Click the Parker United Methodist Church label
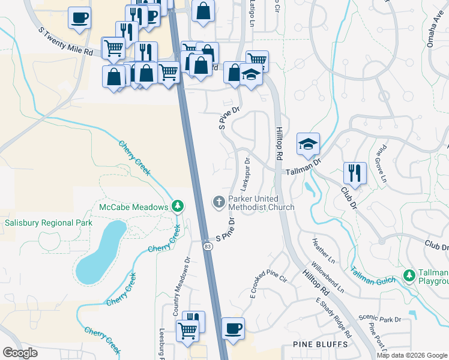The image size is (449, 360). [x=261, y=203]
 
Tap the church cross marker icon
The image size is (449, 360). [x=219, y=203]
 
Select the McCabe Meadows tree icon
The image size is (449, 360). [x=177, y=207]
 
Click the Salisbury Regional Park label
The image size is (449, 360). [x=49, y=223]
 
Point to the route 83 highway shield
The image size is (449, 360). [x=207, y=246]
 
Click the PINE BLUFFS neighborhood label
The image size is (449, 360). [x=320, y=344]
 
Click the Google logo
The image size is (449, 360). [x=20, y=353]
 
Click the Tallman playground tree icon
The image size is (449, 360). [x=409, y=275]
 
